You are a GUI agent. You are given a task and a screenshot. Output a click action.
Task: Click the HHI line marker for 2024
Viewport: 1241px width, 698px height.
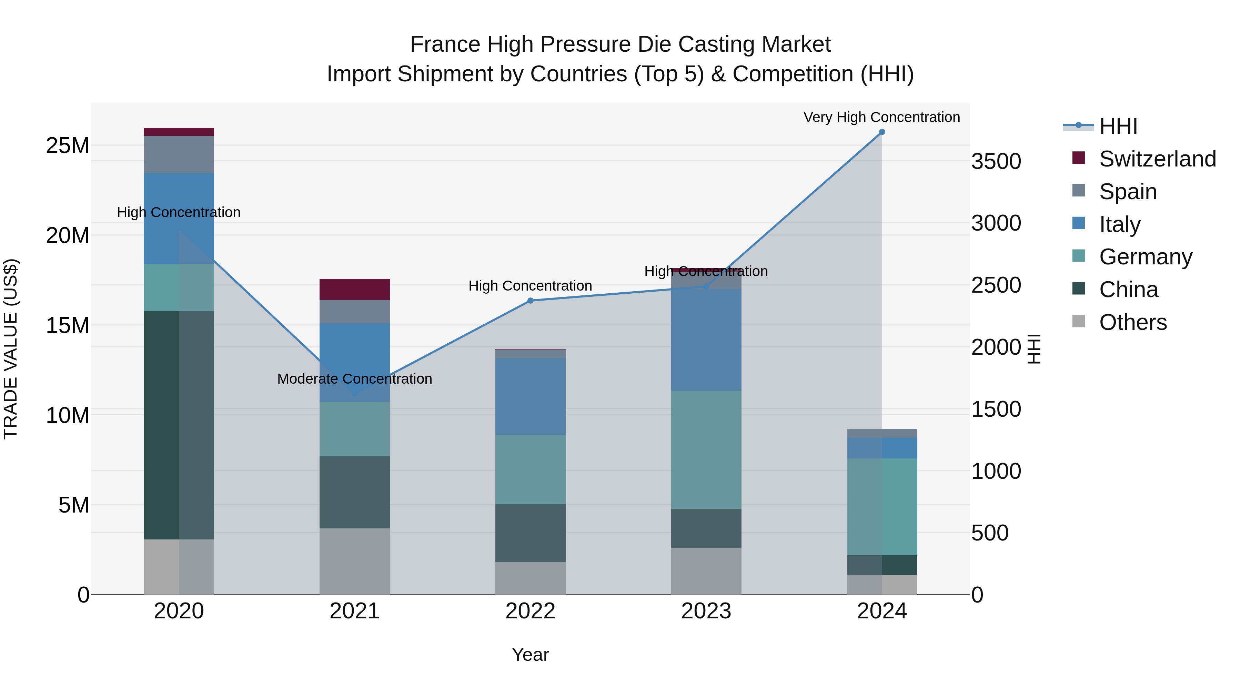tap(881, 132)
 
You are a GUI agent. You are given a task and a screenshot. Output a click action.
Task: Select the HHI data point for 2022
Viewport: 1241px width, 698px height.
tap(531, 301)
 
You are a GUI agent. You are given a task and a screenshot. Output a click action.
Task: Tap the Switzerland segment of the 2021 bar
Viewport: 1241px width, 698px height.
tap(355, 289)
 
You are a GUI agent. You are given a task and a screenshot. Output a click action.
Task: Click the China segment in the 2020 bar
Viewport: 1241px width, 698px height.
tap(179, 425)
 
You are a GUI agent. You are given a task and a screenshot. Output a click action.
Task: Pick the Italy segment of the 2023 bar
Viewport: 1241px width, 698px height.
tap(706, 340)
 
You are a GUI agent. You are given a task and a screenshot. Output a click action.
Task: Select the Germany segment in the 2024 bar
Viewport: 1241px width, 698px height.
tap(881, 507)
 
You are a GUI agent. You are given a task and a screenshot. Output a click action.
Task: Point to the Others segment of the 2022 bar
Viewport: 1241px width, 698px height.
tap(531, 578)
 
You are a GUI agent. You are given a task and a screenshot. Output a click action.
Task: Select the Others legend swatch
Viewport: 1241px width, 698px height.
tap(1079, 321)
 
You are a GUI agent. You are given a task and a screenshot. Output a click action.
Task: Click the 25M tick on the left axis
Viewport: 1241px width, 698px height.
tap(68, 145)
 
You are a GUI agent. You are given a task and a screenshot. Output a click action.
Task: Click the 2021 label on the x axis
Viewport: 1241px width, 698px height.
tap(355, 611)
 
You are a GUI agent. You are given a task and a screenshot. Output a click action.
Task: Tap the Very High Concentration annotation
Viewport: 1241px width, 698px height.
tap(881, 117)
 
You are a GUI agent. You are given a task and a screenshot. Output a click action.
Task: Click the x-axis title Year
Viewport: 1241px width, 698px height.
tap(531, 655)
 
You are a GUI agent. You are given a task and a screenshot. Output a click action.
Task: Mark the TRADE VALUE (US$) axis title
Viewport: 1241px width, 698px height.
tap(11, 349)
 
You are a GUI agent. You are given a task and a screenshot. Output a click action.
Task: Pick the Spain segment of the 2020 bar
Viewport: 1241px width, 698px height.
tap(179, 154)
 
